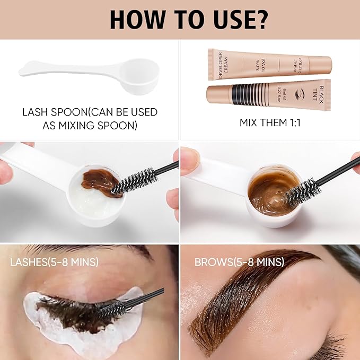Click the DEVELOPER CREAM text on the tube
click(x=217, y=65)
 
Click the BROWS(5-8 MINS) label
click(x=239, y=261)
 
